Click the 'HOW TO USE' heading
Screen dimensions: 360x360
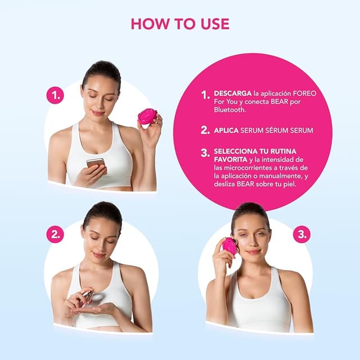point(180,24)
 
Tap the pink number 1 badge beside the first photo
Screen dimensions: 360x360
point(55,96)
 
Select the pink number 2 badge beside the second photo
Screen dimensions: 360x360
point(55,235)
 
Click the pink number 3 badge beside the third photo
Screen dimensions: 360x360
point(301,235)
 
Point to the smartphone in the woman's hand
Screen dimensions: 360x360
point(95,164)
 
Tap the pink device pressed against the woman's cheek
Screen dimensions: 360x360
point(229,246)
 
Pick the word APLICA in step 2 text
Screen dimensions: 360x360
point(227,130)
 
